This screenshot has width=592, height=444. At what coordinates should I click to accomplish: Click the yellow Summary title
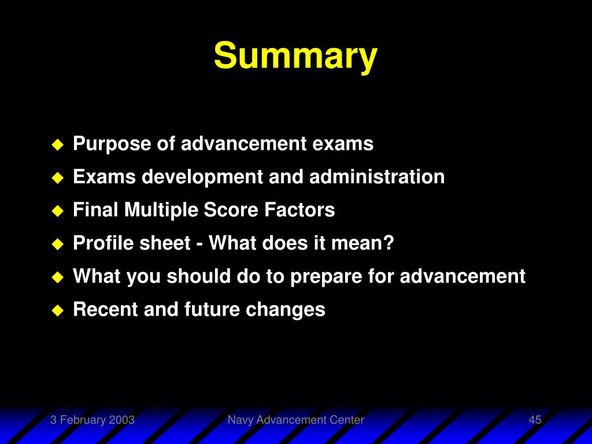tap(295, 56)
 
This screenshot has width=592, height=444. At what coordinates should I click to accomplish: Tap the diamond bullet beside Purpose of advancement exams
tap(58, 145)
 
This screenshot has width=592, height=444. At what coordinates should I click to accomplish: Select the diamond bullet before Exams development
tap(58, 178)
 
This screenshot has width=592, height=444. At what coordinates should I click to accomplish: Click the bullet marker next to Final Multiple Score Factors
tap(58, 210)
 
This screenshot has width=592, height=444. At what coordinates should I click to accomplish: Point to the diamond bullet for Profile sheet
tap(58, 244)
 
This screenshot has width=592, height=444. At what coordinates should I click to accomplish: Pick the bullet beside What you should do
tap(58, 277)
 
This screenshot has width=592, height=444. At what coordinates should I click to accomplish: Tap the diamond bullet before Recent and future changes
tap(58, 310)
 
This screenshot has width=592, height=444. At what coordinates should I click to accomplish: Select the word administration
tap(377, 176)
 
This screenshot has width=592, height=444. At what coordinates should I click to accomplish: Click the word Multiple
tap(161, 210)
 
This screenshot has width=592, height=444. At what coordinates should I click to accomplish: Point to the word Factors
tap(299, 209)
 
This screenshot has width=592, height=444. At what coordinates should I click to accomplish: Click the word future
tap(212, 309)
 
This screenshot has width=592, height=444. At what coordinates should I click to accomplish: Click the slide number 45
tap(535, 420)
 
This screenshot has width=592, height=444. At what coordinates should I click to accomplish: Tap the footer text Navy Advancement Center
tap(295, 420)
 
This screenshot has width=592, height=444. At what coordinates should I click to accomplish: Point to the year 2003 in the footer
tap(121, 420)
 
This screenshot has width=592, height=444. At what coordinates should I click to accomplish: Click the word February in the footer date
tap(83, 420)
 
